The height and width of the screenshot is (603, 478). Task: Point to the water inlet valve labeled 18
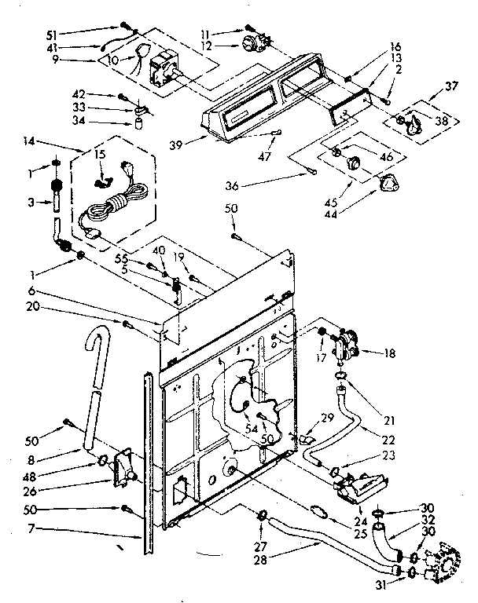(x=346, y=345)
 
